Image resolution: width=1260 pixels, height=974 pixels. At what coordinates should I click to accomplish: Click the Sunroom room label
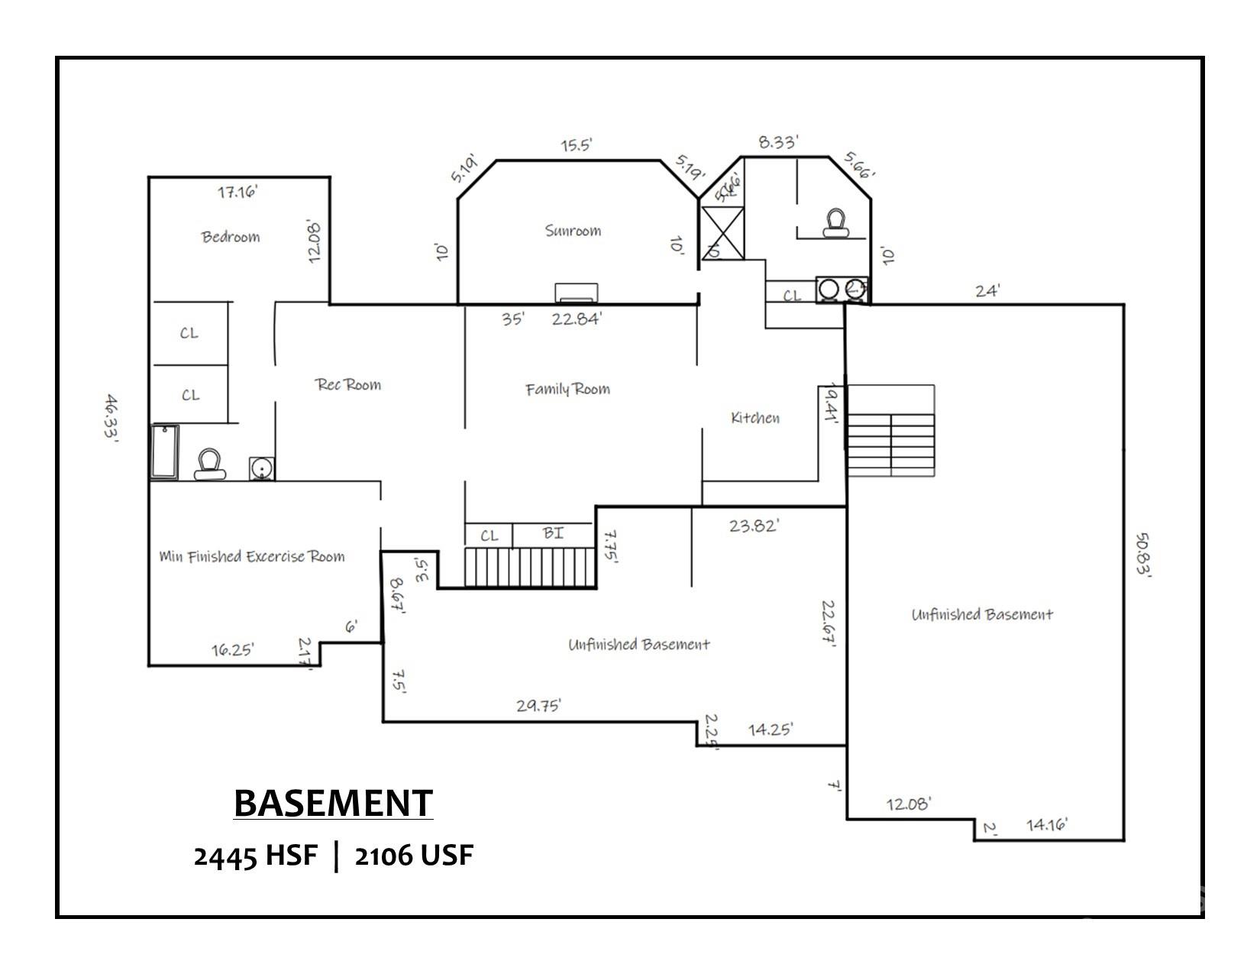point(573,230)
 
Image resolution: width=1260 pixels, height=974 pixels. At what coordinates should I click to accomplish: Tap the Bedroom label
point(231,237)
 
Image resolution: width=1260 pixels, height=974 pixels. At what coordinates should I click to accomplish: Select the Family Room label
point(567,389)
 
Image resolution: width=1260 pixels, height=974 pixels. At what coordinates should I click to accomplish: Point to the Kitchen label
point(755,418)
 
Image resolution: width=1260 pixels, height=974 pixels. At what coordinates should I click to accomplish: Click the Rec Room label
point(348,384)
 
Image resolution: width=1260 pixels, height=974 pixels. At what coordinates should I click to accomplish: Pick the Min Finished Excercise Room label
point(252,556)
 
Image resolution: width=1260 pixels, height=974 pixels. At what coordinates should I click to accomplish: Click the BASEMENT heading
point(333,803)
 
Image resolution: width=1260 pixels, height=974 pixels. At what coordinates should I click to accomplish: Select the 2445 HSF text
point(255,856)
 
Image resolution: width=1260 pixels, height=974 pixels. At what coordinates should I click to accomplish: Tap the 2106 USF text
point(414,856)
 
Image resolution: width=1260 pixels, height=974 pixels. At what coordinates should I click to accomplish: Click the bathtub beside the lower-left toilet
point(164,452)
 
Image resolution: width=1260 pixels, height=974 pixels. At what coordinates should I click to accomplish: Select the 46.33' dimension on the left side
point(111,419)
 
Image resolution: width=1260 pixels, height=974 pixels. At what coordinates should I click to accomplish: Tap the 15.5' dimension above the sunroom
point(577,144)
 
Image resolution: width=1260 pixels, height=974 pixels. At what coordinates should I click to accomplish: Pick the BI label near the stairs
point(553,533)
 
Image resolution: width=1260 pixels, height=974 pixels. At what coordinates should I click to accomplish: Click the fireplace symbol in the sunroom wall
point(577,293)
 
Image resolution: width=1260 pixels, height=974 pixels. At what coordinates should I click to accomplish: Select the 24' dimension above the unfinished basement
point(987,290)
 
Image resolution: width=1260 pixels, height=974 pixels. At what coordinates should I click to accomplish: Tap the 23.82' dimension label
point(753,526)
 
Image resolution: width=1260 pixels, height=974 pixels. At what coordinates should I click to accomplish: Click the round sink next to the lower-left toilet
point(261,468)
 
